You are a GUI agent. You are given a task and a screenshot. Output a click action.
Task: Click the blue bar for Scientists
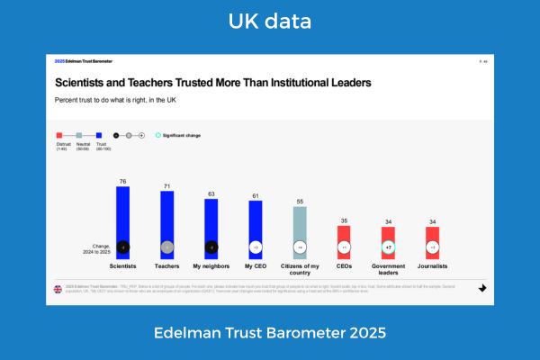coord(123,220)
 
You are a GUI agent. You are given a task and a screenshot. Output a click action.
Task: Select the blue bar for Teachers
coord(166,223)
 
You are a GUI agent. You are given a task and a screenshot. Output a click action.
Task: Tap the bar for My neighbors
coord(211,227)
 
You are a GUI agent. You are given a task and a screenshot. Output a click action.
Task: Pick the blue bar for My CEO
coord(256,228)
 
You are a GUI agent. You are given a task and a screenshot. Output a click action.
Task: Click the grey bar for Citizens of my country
coord(300,231)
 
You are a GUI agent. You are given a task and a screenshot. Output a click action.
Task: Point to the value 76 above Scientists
coord(123,181)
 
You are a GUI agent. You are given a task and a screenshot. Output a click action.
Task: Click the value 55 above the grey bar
coord(300,202)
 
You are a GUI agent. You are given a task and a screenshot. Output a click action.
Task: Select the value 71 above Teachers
coord(166,185)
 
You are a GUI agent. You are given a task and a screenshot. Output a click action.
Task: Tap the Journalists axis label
coord(432,266)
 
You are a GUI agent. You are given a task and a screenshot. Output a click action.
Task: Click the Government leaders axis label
coord(388,269)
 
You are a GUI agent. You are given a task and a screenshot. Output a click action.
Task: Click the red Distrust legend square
coord(59,134)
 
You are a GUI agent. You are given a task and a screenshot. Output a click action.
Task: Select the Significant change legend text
coord(182,135)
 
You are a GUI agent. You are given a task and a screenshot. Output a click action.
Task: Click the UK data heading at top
coord(270,20)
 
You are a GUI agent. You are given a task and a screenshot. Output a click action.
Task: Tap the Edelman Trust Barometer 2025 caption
coord(270,333)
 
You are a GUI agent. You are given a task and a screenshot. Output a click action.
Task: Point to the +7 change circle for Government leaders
coord(388,247)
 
